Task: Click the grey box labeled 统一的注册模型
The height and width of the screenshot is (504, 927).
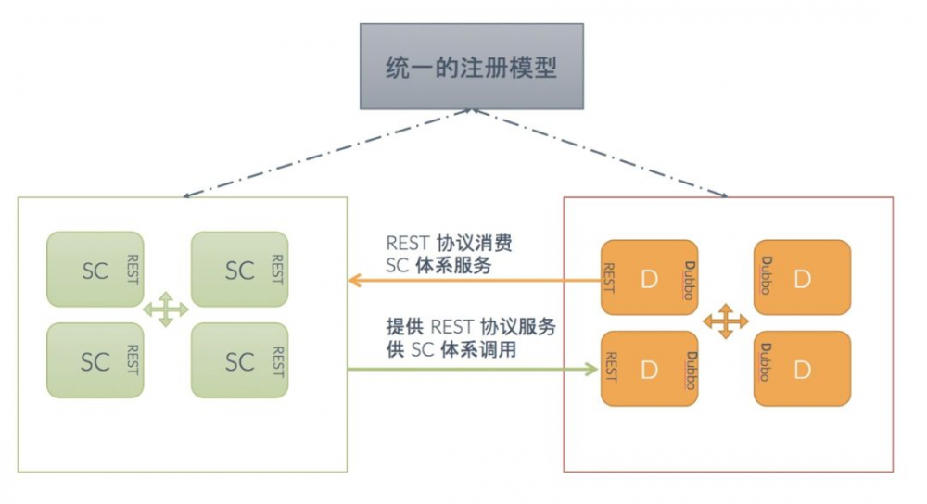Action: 471,67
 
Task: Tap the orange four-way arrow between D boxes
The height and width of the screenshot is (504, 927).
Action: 725,321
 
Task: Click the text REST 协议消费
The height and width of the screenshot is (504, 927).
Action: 449,244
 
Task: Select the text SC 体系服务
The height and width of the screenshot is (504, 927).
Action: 438,267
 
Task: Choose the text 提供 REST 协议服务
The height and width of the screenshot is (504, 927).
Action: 471,327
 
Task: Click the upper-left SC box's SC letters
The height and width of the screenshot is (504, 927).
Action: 95,271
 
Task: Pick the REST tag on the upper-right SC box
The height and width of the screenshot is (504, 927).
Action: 275,269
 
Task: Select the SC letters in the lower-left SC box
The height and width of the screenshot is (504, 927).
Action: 95,361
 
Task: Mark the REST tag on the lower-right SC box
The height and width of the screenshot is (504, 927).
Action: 275,361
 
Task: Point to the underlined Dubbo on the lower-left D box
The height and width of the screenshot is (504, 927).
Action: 690,369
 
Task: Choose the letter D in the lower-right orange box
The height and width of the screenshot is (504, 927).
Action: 803,370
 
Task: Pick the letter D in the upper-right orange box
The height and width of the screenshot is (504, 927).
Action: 803,279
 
